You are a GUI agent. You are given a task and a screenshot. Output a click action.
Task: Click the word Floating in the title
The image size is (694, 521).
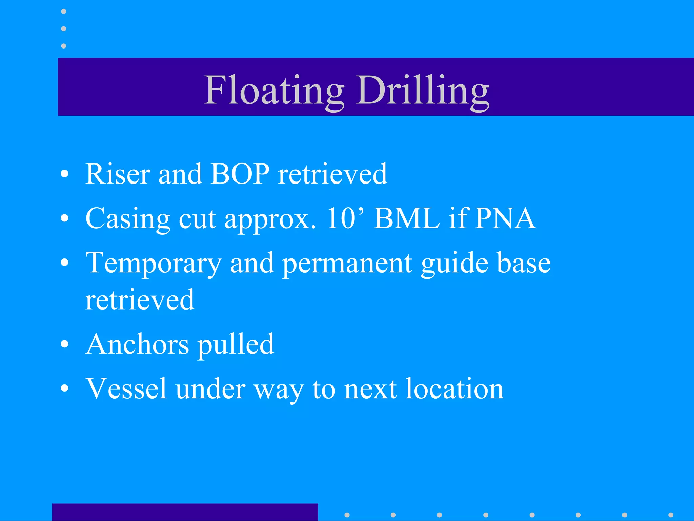pos(274,90)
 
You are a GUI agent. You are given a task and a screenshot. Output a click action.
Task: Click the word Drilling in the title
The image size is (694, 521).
pos(423,90)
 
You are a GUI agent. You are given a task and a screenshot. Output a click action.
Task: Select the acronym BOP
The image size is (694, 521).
pos(240,174)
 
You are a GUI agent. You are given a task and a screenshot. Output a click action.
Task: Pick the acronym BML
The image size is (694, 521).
pos(407,218)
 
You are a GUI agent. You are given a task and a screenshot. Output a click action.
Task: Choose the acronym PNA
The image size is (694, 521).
pos(505,218)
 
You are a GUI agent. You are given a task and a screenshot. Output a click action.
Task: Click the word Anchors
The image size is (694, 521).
pos(137,344)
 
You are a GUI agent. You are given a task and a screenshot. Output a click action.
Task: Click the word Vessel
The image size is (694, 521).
pos(127,388)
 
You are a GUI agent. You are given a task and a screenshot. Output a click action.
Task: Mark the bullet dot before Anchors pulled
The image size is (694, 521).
pos(64,345)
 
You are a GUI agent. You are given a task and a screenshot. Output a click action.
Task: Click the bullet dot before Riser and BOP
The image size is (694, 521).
pos(64,174)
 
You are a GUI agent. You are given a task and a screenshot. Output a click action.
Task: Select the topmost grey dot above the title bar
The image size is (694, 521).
pos(63,12)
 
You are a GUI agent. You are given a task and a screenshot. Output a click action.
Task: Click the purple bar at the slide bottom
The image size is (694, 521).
pos(185,512)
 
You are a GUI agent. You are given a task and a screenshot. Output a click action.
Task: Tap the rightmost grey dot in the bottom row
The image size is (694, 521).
pos(671,515)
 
